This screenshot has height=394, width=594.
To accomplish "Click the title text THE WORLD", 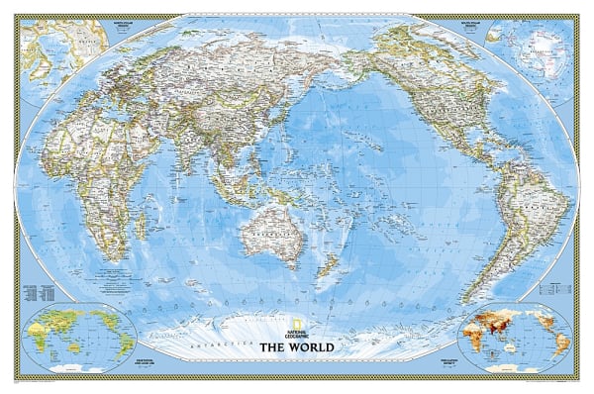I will pyautogui.click(x=296, y=347).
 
